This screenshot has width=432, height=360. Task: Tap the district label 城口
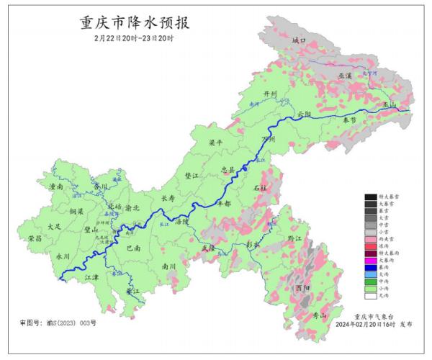pyautogui.click(x=300, y=41)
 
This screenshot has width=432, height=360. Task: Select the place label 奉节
pyautogui.click(x=351, y=120)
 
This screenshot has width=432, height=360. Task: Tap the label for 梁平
pyautogui.click(x=215, y=144)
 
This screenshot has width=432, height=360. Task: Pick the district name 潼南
pyautogui.click(x=55, y=186)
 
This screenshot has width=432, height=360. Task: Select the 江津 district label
pyautogui.click(x=91, y=276)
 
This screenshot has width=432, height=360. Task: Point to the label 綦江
pyautogui.click(x=132, y=292)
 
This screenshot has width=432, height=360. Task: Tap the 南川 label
pyautogui.click(x=169, y=266)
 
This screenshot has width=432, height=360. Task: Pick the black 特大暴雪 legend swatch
pyautogui.click(x=370, y=197)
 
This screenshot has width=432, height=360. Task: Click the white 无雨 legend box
pyautogui.click(x=370, y=295)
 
